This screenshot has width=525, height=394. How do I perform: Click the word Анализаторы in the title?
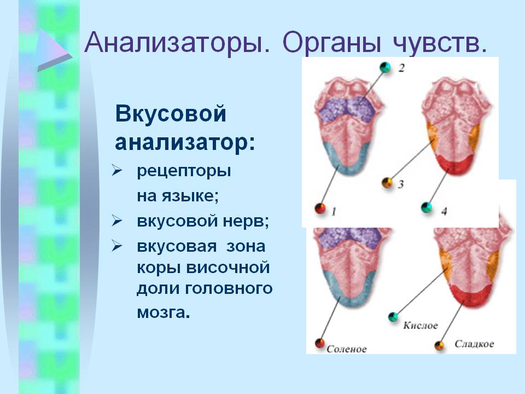coord(177,43)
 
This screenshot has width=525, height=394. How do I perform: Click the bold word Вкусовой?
coord(171,114)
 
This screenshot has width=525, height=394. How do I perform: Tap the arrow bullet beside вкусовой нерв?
coord(117,221)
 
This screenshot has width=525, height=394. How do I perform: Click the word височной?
coord(227,268)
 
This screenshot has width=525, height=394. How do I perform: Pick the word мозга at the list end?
coord(161,313)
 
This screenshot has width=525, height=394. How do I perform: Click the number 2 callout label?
coord(401,68)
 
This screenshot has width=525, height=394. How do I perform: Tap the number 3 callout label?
coord(401,184)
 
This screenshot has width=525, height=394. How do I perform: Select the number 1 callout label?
coord(334,212)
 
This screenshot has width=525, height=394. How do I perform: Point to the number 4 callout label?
coord(444,211)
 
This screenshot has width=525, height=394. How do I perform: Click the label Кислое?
coord(421,325)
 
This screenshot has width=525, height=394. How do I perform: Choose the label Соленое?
coord(347,349)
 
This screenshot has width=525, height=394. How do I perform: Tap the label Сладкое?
coord(474,344)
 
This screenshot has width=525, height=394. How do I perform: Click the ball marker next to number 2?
coord(386,67)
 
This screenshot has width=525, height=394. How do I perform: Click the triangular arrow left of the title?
coord(54,50)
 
